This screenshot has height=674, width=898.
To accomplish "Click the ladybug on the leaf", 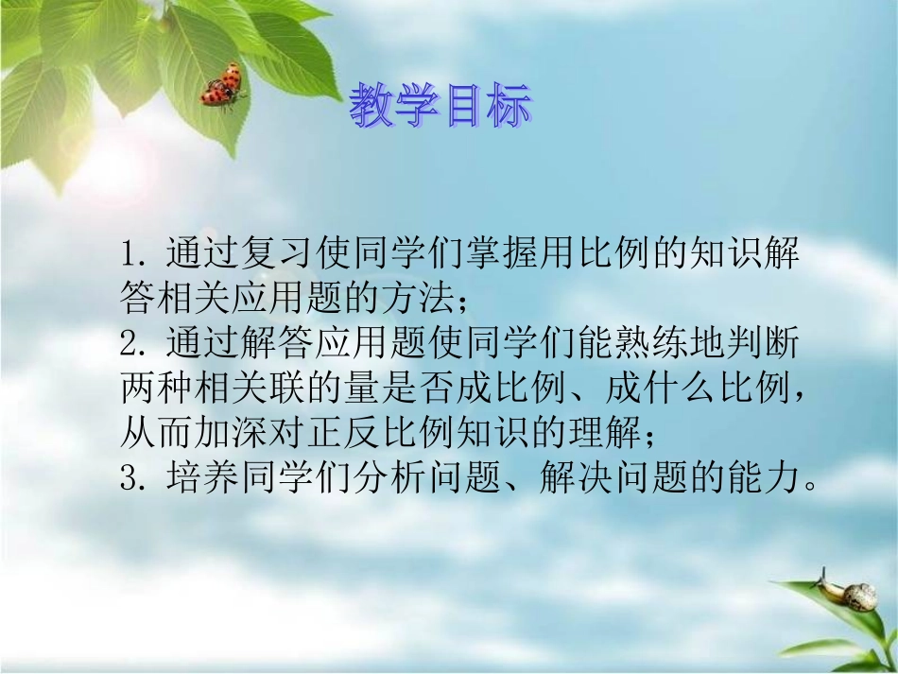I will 223,86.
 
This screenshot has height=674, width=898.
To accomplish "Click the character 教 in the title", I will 371,106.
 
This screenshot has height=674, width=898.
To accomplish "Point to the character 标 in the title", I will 508,106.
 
